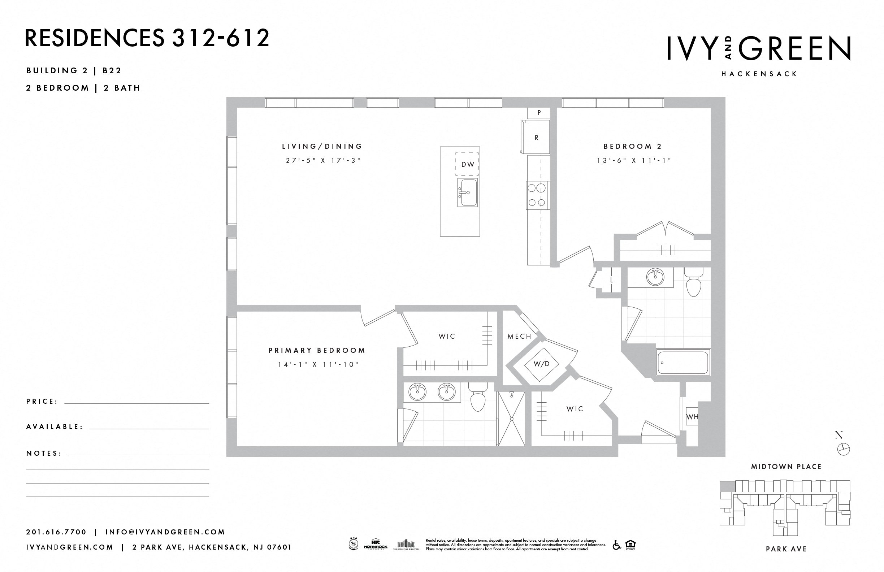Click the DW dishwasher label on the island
point(467,164)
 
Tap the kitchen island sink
point(467,193)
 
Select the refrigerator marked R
point(536,138)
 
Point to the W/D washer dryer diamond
point(541,364)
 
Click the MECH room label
point(519,337)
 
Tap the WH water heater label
point(692,417)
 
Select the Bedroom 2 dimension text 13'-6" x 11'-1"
point(634,161)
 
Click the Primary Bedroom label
point(317,350)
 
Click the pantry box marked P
point(538,113)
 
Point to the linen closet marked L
point(611,280)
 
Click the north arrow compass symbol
point(843,449)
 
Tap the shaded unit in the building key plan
point(727,486)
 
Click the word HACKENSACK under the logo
point(759,74)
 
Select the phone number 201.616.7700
point(56,532)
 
